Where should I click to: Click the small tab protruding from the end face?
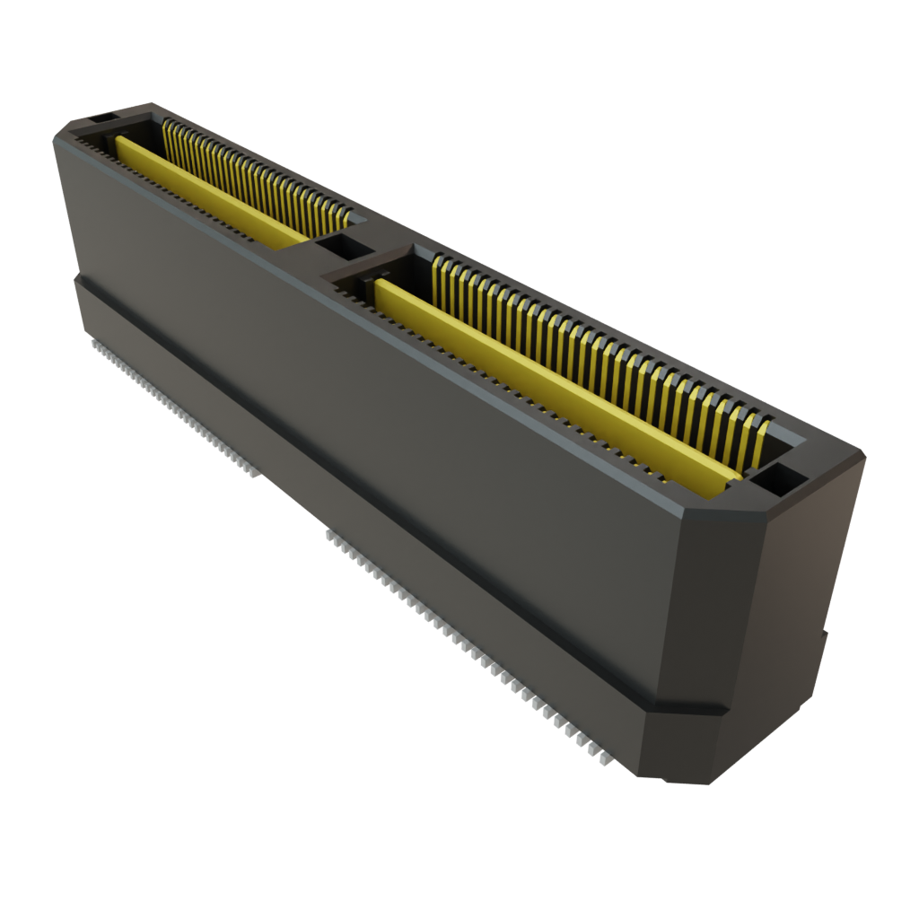pyautogui.click(x=823, y=637)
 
